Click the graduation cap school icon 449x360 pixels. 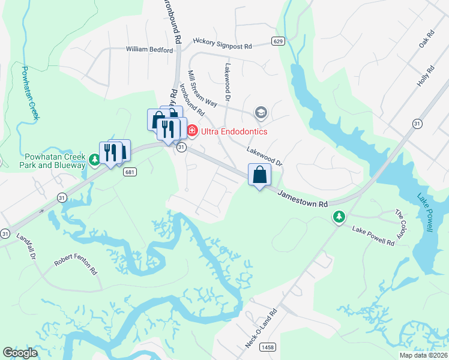tap(261, 113)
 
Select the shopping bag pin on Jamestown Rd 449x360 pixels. tap(259, 175)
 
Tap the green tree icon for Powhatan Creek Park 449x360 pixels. tap(94, 160)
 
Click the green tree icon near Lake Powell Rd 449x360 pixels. tap(339, 217)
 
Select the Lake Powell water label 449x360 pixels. tap(429, 211)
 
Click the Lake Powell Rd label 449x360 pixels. tap(373, 236)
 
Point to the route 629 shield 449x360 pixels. tap(277, 41)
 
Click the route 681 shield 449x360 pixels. tap(129, 172)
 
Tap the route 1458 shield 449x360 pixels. tap(267, 347)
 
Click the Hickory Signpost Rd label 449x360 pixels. tap(222, 43)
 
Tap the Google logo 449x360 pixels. tap(20, 353)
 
